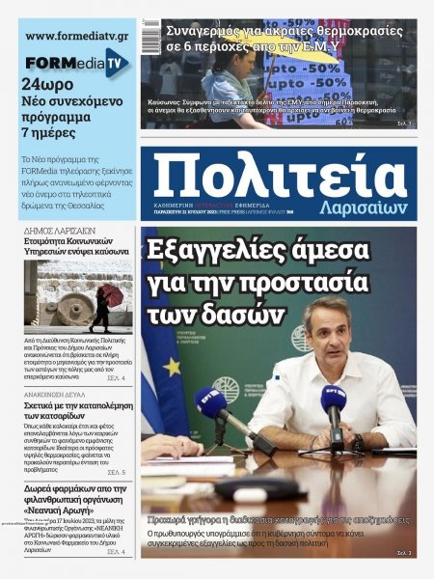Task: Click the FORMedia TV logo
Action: tap(77, 64)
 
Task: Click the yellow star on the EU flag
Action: tap(173, 367)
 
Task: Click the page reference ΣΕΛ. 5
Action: tap(116, 473)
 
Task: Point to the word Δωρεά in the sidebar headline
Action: tap(42, 489)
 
